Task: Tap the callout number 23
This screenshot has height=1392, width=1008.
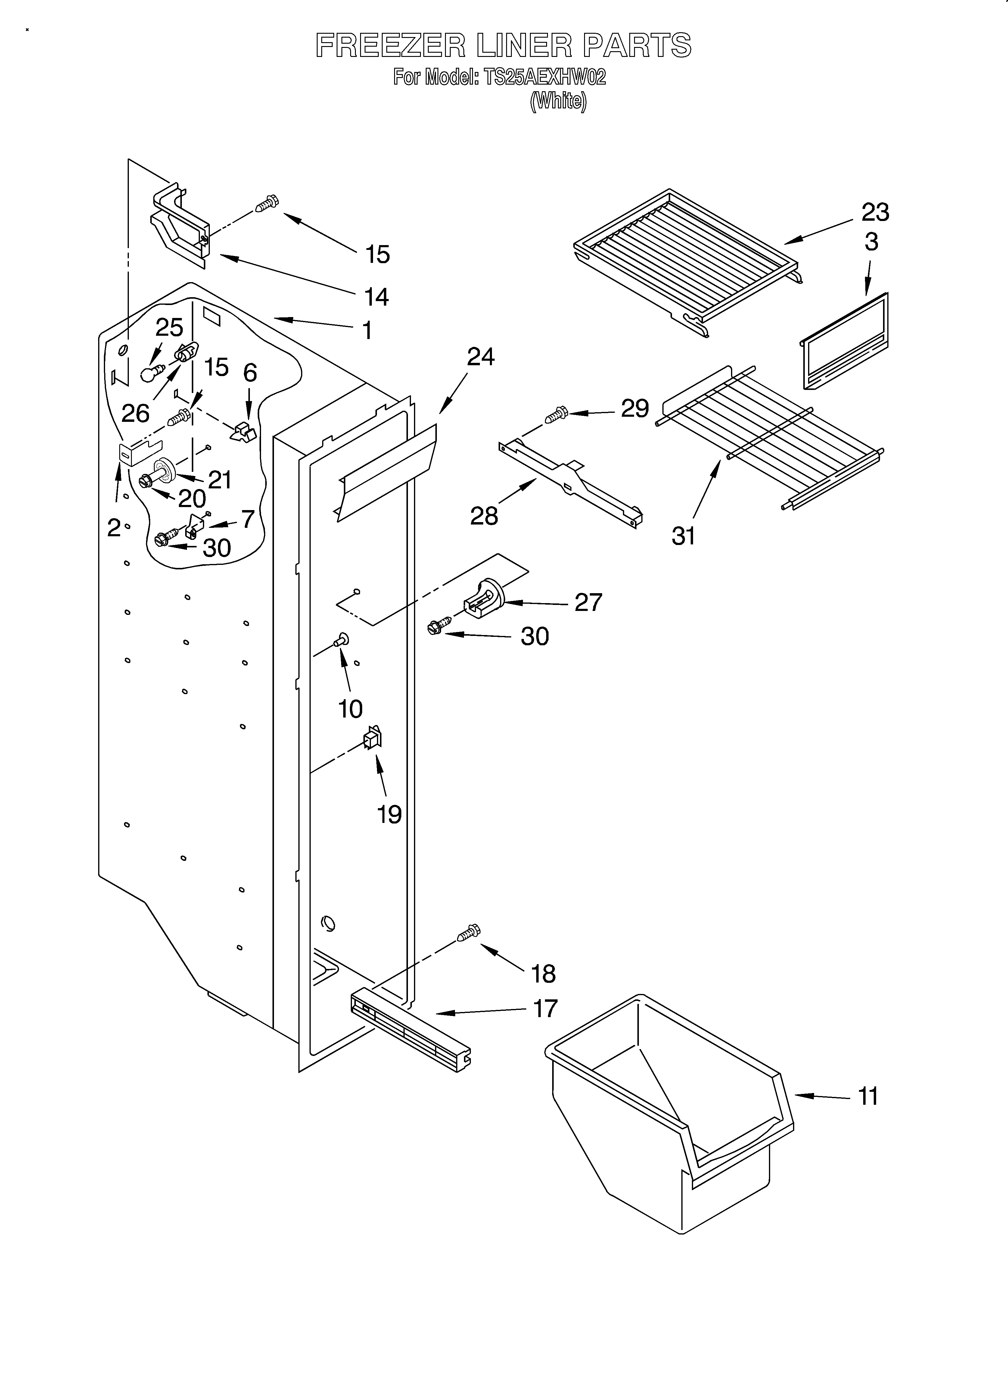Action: [875, 212]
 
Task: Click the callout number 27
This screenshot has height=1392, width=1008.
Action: [588, 602]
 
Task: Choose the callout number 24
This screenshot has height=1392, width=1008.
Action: [481, 357]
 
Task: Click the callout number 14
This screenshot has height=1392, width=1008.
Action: [376, 297]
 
